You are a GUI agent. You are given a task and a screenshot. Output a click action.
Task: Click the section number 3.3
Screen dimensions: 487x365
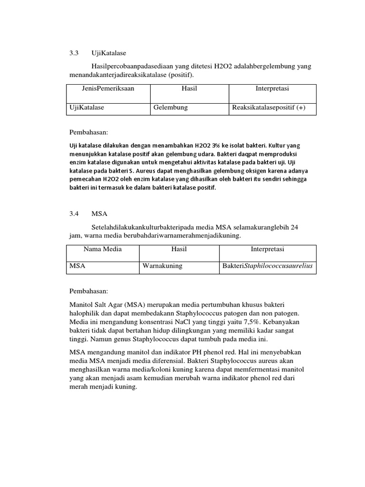(74, 53)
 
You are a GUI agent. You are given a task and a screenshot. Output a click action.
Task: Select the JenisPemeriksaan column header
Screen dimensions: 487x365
(108, 89)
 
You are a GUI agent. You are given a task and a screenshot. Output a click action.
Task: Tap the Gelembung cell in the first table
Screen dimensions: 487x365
(170, 107)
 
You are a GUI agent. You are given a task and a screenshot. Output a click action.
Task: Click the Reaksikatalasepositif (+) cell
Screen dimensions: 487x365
(269, 107)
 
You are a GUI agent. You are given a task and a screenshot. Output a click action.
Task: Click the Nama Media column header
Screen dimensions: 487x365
(103, 249)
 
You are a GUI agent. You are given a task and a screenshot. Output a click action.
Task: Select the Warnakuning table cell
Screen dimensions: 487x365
(162, 266)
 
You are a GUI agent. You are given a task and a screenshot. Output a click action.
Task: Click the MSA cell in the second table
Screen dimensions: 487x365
(77, 266)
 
